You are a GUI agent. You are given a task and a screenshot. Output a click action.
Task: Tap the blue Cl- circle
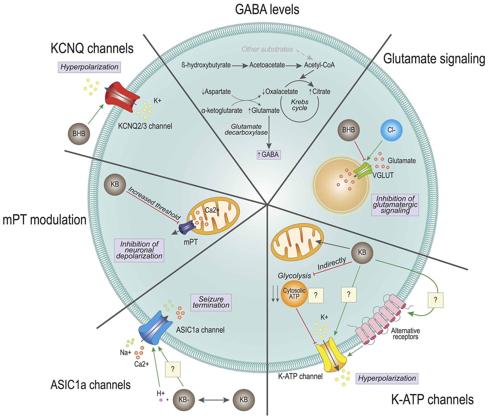[391, 130]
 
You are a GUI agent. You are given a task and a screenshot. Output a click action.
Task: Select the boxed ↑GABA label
[269, 155]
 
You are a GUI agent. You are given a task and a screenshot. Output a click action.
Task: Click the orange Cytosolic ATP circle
[294, 294]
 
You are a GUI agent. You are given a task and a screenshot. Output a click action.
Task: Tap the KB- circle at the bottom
[184, 400]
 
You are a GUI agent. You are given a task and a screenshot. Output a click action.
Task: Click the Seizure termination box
[211, 302]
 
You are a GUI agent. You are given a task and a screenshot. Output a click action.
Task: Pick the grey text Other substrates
[267, 49]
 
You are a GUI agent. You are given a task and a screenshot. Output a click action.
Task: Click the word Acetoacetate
[267, 65]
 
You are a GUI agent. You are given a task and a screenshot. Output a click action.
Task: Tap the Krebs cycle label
[300, 105]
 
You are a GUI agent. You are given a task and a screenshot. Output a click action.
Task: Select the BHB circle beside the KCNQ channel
[79, 134]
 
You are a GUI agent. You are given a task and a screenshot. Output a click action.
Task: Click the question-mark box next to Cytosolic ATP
[316, 295]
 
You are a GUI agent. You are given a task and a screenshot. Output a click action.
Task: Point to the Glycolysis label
[294, 276]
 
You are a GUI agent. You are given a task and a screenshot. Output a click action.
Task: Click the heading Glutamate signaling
[434, 59]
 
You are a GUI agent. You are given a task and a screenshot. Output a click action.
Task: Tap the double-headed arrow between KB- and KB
[214, 400]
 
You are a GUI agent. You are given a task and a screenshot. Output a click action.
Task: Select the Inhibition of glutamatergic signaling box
[395, 205]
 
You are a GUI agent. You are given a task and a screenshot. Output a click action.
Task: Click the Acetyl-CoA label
[319, 65]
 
